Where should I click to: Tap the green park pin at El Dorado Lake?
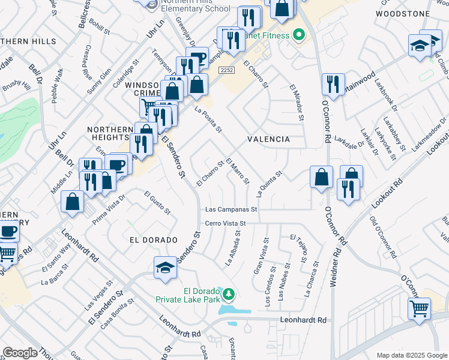(229, 294)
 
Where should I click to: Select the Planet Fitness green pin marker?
(297, 35)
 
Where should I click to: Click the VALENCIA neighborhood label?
(269, 139)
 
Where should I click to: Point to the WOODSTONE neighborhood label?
(403, 13)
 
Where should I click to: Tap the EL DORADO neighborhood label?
(154, 239)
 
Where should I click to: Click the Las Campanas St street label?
(231, 210)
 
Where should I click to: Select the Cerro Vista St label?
(226, 223)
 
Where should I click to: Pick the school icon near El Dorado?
(166, 268)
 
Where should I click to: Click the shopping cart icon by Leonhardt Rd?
(420, 309)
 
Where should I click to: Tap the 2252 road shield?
(226, 70)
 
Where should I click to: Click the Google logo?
(20, 353)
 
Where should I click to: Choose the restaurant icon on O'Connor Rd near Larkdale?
(333, 84)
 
